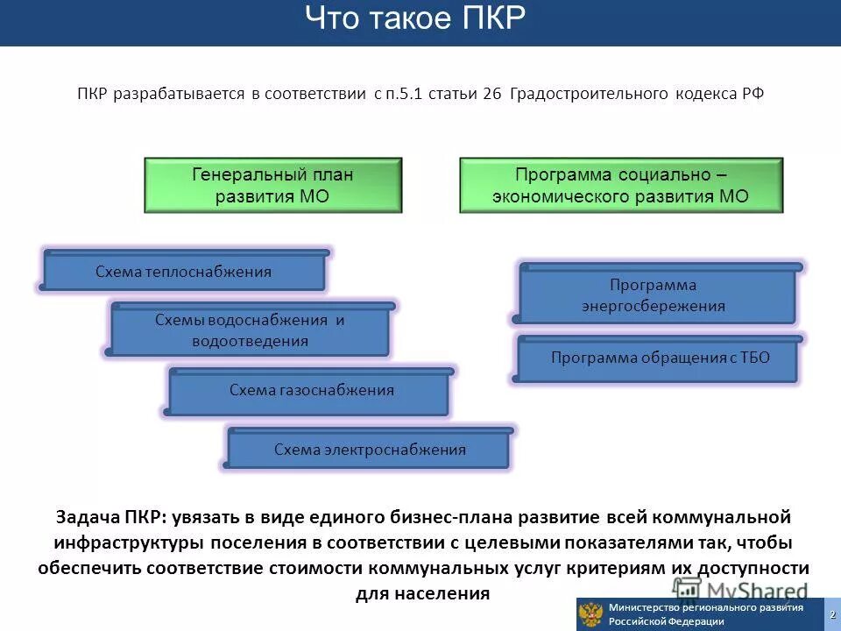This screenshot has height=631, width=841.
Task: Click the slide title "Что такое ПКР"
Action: [416, 19]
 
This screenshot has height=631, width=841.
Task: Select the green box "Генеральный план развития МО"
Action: [272, 185]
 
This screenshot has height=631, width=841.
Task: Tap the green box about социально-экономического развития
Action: [620, 185]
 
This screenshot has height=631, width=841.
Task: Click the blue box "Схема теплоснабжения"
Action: [183, 272]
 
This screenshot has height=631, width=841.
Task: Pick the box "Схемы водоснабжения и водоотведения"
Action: [250, 330]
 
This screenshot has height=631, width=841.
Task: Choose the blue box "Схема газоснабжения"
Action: [311, 390]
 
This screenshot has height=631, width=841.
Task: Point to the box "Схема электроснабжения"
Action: [369, 450]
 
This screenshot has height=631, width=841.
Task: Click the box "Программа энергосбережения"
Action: [654, 295]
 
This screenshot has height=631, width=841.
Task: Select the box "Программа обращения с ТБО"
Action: [660, 358]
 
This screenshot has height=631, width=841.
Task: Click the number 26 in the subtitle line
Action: [491, 94]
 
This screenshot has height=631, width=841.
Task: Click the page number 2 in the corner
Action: [832, 613]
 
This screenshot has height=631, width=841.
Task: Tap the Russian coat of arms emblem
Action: [591, 613]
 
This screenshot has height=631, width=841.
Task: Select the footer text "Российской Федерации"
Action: [667, 621]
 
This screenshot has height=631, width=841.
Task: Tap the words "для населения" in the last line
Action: [422, 592]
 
